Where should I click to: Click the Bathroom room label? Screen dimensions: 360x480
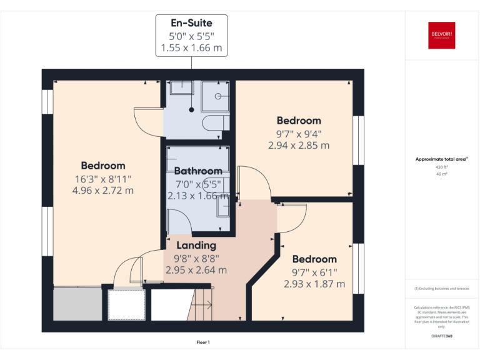[x=197, y=171]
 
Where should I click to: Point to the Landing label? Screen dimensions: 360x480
[x=196, y=245]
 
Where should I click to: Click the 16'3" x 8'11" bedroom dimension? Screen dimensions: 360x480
[x=103, y=178]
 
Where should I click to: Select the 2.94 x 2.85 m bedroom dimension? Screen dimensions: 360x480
[x=299, y=146]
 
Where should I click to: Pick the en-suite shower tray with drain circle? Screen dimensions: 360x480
[x=218, y=96]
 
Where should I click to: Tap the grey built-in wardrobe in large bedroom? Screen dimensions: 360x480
[x=77, y=304]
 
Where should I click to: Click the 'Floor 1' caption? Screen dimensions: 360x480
[x=203, y=342]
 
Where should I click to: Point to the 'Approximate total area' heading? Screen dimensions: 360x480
[x=441, y=159]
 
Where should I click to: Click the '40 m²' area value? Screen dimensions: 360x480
[x=441, y=174]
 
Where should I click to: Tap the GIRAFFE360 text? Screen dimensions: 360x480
[x=441, y=336]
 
